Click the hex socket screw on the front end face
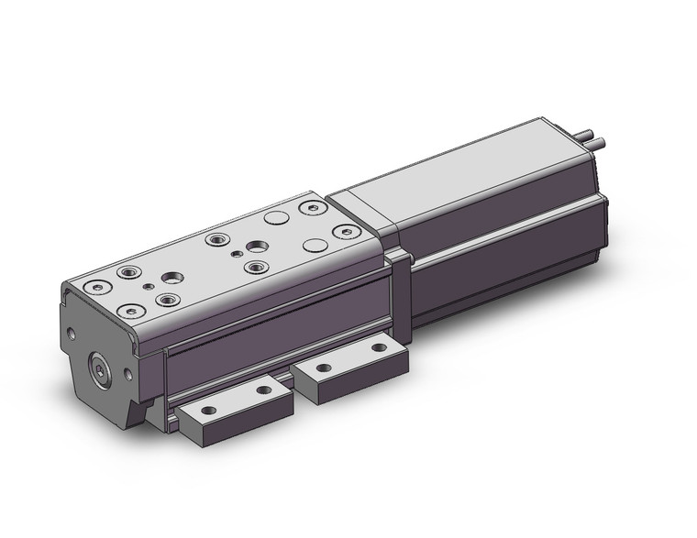click(x=99, y=372)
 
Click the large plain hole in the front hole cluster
click(x=171, y=277)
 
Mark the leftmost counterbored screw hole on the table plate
click(x=95, y=287)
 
